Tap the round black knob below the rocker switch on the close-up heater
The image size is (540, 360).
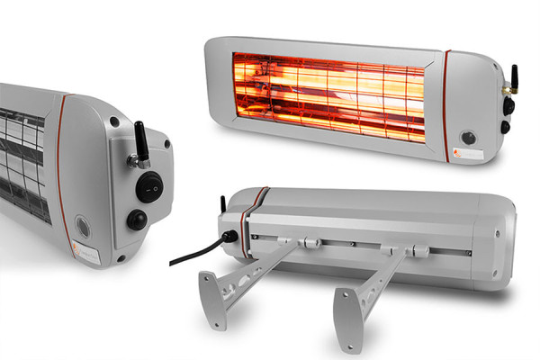(x=137, y=220)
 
